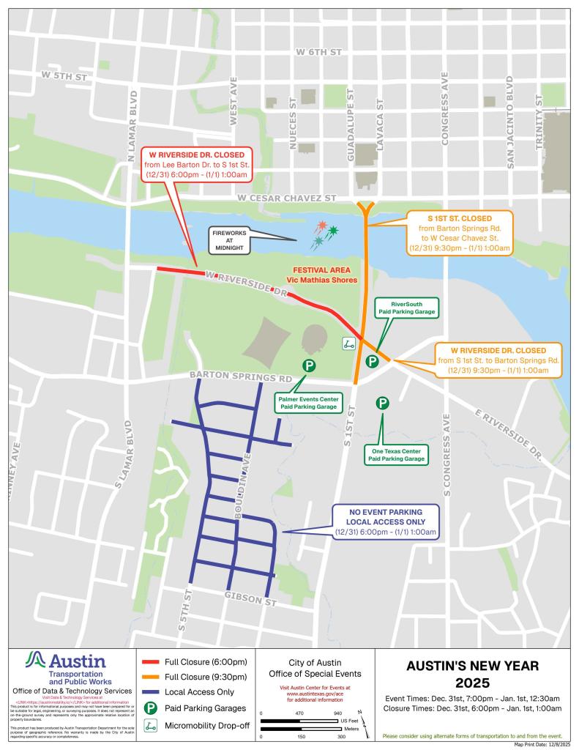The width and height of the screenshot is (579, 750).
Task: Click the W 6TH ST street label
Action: pos(318,53)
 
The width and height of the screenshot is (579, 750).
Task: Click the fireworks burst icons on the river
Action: pos(325,234)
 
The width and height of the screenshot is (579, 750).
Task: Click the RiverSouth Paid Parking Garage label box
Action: pos(407,308)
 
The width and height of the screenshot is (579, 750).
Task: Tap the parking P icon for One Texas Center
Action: pos(382,403)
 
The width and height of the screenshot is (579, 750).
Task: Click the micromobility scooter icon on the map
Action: pos(348,342)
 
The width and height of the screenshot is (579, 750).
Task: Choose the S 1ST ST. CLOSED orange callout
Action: pos(460,234)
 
